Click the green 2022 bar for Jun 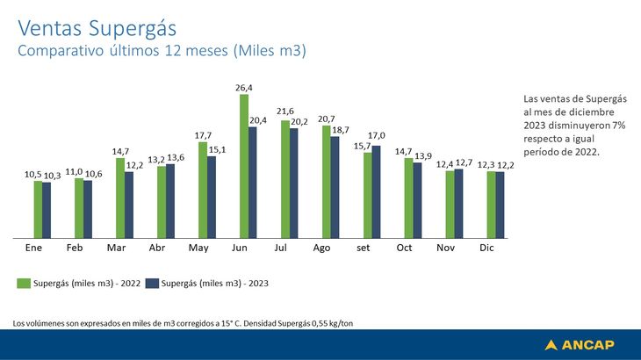pyautogui.click(x=244, y=166)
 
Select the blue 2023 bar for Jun pyautogui.click(x=253, y=182)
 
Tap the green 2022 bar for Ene pyautogui.click(x=38, y=209)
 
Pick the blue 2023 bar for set pyautogui.click(x=376, y=191)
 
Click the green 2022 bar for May pyautogui.click(x=203, y=190)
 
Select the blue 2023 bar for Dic pyautogui.click(x=500, y=205)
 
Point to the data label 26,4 pyautogui.click(x=244, y=88)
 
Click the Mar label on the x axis pyautogui.click(x=116, y=248)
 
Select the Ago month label pyautogui.click(x=321, y=248)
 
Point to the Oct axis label pyautogui.click(x=404, y=248)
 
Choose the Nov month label pyautogui.click(x=445, y=248)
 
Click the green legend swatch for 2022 pyautogui.click(x=24, y=284)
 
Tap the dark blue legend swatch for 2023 pyautogui.click(x=151, y=284)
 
